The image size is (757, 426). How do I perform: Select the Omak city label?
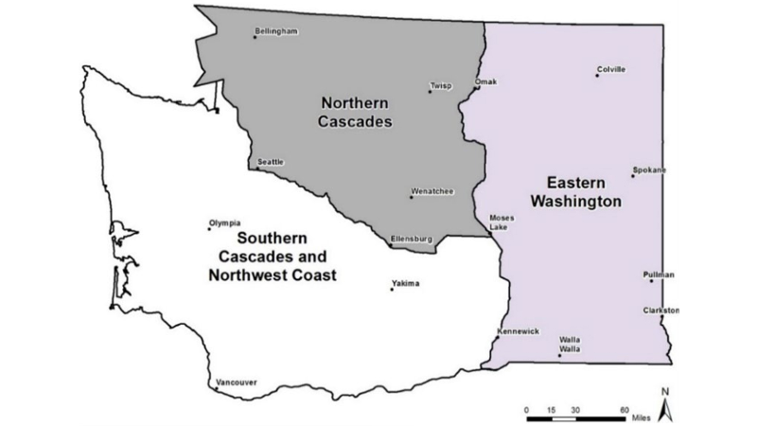coord(485,82)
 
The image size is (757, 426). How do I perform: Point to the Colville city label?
coord(612,69)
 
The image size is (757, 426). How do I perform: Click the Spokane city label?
coord(650,170)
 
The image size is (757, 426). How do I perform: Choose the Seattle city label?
coord(271,163)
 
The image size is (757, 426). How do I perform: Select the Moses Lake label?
coord(502,222)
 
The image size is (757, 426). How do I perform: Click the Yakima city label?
coord(407,283)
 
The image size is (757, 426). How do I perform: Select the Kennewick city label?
coord(519,331)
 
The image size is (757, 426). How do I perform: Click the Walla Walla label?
coord(570,344)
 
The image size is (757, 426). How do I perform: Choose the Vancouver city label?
coord(237,382)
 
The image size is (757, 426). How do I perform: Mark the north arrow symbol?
coord(665,405)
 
